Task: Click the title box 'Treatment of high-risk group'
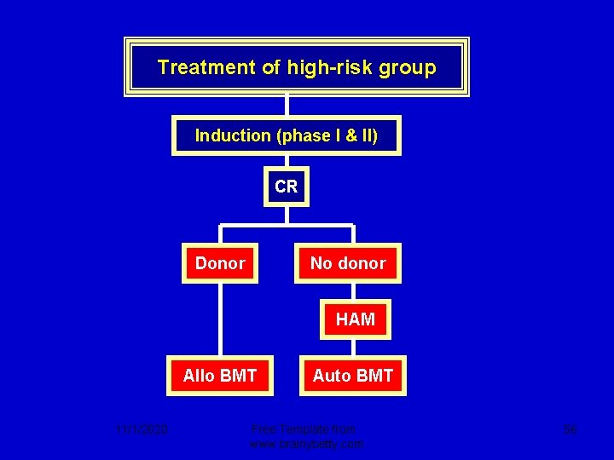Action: point(296,67)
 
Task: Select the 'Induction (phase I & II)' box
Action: point(287,135)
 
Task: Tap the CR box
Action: point(287,187)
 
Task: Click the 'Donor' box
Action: point(220,263)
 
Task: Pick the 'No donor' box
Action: point(348,263)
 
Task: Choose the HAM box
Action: point(355,319)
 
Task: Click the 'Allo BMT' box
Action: point(220,376)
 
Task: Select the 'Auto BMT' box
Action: point(353,376)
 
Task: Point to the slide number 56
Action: point(570,430)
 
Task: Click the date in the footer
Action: point(142,430)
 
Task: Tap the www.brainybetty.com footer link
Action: point(306,444)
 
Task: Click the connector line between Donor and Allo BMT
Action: point(220,319)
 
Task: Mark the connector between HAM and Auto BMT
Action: point(355,348)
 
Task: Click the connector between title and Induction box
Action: point(287,106)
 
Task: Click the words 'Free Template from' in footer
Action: point(304,429)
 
